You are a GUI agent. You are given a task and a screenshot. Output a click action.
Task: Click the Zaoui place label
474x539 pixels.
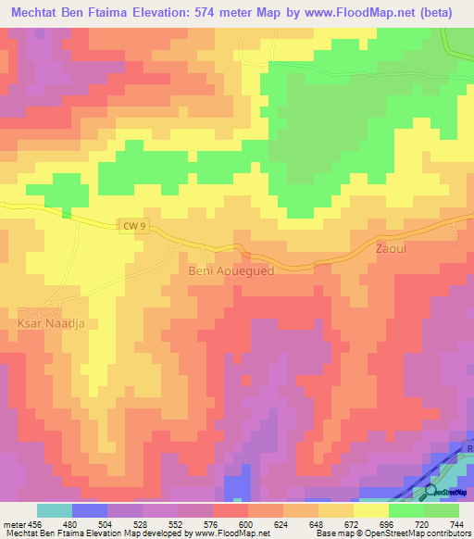(x=391, y=250)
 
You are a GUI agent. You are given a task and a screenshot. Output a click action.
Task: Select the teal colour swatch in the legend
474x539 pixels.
(x=55, y=510)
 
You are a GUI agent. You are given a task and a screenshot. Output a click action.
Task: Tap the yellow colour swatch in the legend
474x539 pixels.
(x=370, y=510)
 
